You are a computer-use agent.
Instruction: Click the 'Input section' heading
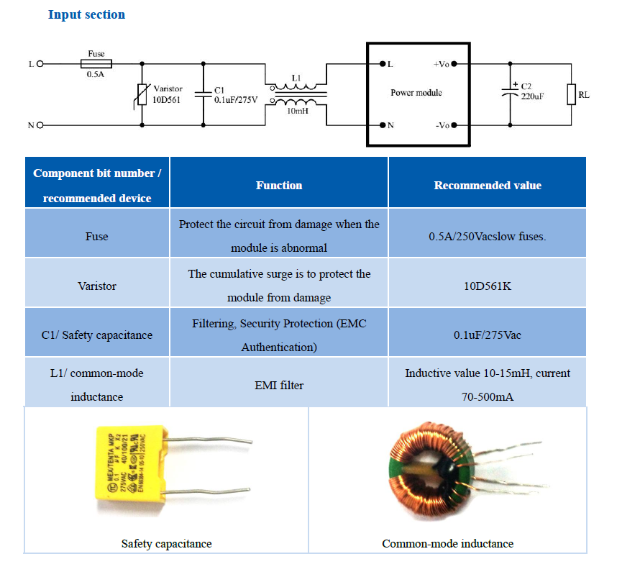point(86,14)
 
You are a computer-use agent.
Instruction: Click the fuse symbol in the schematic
point(96,64)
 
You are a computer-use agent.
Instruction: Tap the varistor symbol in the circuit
point(142,95)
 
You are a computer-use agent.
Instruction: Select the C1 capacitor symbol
point(204,94)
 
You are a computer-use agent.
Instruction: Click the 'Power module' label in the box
point(416,93)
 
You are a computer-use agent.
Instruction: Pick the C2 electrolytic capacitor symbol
point(511,93)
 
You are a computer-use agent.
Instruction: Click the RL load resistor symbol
point(572,94)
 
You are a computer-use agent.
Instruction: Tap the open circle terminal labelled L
point(40,64)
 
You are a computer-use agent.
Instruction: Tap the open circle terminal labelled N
point(40,125)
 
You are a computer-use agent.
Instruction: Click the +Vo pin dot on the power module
point(454,64)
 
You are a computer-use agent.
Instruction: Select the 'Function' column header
point(279,186)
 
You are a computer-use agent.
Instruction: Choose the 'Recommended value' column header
point(488,186)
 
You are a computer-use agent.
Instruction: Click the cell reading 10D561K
point(488,286)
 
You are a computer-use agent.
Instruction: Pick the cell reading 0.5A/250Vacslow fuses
point(488,237)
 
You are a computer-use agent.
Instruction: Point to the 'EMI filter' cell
point(279,386)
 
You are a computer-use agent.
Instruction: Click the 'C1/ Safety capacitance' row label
point(97,335)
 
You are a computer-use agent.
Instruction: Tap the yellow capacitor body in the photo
point(130,463)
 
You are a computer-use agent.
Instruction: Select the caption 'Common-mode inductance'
point(448,543)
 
